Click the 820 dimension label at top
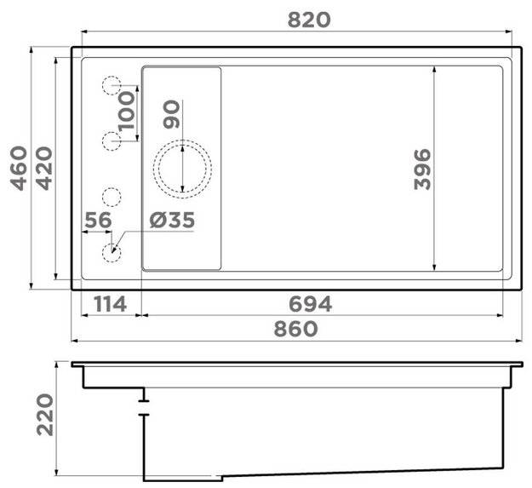pos(309,20)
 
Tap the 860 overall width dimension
pos(296,330)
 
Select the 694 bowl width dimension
pos(310,304)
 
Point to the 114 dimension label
pos(111,304)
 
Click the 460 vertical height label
pos(19,169)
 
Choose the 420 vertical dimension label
pos(44,169)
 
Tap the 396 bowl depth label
pos(422,169)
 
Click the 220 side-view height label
pos(45,415)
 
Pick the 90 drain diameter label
pos(171,114)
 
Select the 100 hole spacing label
pos(126,111)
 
